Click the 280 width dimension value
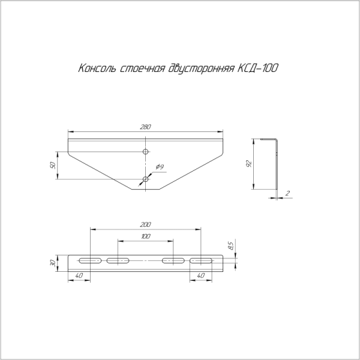point(145,127)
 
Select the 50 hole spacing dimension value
point(53,165)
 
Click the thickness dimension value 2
point(288,193)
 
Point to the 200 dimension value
point(145,224)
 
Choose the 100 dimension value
point(145,237)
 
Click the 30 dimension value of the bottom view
point(53,263)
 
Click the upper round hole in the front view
point(145,152)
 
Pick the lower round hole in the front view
point(145,179)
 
